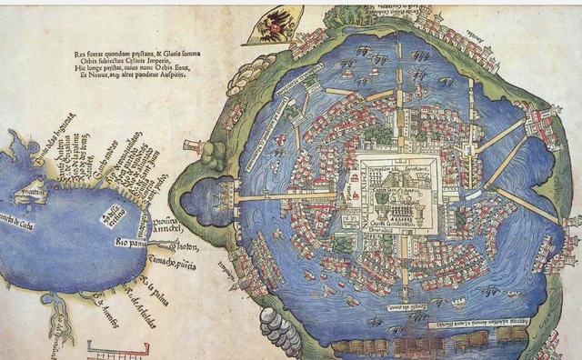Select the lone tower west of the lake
[x=192, y=145]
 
